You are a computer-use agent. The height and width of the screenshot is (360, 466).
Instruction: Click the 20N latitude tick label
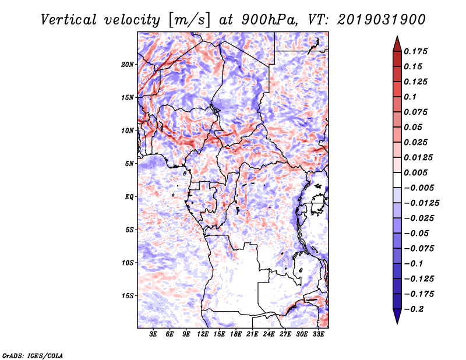(128, 65)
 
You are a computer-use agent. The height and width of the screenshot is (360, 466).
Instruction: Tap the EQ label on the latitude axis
(129, 197)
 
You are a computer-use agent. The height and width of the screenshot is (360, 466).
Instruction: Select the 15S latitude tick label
(128, 296)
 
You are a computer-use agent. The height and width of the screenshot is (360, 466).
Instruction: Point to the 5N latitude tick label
(129, 164)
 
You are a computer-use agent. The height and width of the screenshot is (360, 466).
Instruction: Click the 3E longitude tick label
(153, 334)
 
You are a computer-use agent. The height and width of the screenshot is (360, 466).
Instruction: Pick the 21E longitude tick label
(252, 334)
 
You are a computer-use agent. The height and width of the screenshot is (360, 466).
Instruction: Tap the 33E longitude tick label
(318, 334)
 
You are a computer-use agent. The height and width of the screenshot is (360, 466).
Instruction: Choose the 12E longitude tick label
(202, 334)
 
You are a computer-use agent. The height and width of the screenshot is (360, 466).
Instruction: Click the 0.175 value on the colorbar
(415, 51)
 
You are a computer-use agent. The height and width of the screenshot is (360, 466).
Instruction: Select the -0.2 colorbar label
(414, 309)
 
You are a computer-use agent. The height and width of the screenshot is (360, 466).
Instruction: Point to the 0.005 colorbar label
(415, 172)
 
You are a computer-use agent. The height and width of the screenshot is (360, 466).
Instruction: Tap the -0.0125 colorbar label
(421, 203)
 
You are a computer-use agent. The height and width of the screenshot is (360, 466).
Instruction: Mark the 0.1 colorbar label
(410, 97)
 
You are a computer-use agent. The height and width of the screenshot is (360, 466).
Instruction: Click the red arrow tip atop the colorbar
(397, 36)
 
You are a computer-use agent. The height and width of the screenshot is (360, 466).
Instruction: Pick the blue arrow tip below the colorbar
(397, 323)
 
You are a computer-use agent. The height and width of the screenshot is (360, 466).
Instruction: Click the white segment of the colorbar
(397, 180)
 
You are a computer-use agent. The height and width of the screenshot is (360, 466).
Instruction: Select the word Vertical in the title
(68, 20)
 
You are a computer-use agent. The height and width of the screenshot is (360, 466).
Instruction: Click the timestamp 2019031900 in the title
(381, 20)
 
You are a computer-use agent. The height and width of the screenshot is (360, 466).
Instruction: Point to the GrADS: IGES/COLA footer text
(33, 355)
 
